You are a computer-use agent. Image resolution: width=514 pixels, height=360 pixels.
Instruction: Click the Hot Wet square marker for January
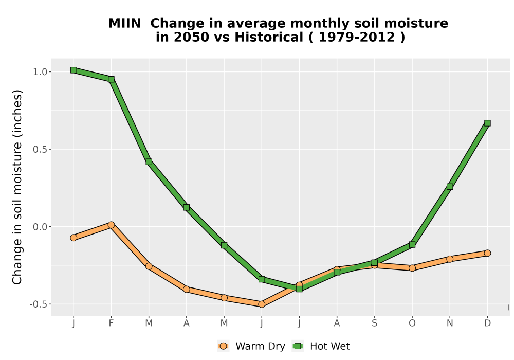pos(74,70)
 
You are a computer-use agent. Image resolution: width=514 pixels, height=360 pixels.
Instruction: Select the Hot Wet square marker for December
pos(487,123)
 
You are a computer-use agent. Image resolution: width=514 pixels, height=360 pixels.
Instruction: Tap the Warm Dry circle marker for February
pos(111,225)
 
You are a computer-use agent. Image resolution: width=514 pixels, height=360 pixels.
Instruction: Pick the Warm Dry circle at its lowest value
pos(262,304)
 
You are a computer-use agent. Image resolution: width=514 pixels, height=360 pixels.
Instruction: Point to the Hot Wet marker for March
pos(149,161)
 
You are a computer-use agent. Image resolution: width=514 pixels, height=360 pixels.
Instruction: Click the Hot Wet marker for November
pos(450,187)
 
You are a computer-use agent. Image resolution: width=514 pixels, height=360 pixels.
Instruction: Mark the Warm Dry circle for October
pos(412,268)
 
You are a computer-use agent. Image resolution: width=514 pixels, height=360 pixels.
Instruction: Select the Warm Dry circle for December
pos(487,253)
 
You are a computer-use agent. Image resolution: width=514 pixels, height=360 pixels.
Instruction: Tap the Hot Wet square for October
pos(412,245)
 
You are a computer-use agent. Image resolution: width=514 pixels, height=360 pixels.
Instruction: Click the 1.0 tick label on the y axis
pos(40,72)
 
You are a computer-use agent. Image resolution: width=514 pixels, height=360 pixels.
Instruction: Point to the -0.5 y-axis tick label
pos(39,304)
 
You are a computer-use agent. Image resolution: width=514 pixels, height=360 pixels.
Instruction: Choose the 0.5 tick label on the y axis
pos(40,149)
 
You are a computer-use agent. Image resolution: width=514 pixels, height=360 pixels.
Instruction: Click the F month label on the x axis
pos(111,323)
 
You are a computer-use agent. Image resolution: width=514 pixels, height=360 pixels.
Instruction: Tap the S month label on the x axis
pos(374,323)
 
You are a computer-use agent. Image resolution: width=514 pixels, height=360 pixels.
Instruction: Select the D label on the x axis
pos(487,323)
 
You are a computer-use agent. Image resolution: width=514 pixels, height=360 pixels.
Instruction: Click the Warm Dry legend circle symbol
pos(223,346)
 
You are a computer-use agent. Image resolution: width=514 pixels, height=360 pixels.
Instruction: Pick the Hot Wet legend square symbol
pos(298,346)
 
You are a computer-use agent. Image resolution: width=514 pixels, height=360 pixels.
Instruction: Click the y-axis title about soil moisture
pos(17,187)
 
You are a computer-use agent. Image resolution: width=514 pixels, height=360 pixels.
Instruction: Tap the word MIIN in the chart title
pos(124,24)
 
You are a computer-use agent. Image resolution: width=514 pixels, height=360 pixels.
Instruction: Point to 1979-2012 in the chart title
pos(357,37)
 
